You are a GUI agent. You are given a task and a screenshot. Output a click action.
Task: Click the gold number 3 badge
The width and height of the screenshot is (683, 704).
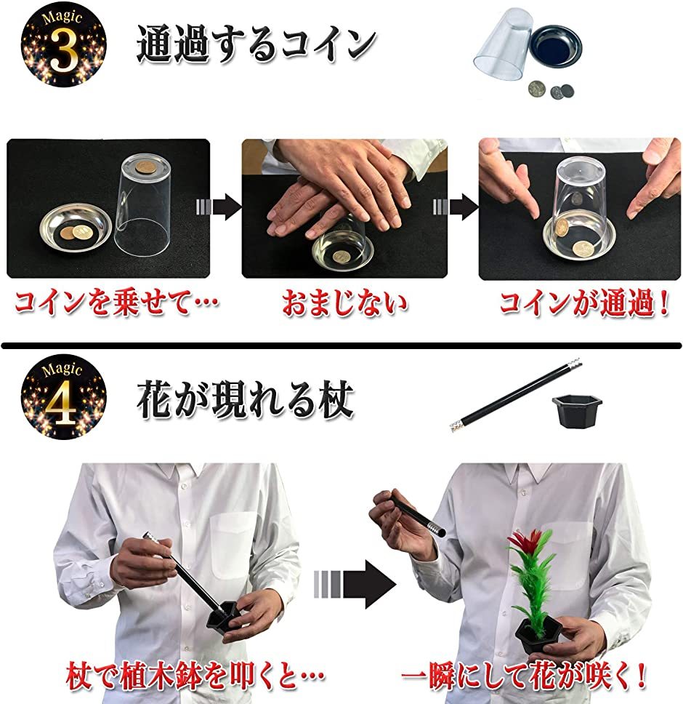pyautogui.click(x=63, y=44)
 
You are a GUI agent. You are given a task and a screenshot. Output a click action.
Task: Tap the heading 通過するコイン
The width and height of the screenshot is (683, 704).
pyautogui.click(x=256, y=45)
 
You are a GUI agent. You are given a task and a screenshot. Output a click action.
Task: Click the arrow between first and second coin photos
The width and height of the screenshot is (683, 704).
pyautogui.click(x=218, y=208)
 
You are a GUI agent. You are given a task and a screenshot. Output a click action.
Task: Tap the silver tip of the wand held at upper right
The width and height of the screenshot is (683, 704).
pyautogui.click(x=436, y=524)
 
